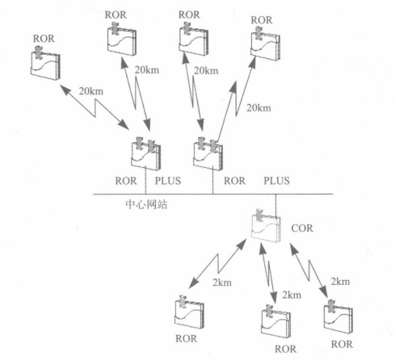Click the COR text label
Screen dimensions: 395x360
pos(302,228)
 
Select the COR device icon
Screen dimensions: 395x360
pos(266,225)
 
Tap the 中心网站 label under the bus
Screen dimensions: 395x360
pos(146,204)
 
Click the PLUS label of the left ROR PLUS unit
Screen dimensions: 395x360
pos(168,181)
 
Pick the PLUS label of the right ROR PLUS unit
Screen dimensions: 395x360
pos(276,181)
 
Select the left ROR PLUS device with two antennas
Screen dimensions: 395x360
pos(145,153)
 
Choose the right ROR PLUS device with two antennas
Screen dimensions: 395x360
pos(208,153)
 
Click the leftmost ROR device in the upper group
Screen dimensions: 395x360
pos(45,63)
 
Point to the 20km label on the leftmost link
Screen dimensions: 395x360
pos(91,91)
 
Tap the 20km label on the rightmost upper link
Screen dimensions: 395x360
pos(258,108)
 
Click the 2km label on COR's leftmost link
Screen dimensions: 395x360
pos(222,283)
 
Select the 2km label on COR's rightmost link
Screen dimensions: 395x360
pos(340,282)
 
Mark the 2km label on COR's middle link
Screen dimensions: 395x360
pos(292,295)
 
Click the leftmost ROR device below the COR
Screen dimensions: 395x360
pos(189,312)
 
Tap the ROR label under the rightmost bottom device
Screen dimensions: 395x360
pos(342,344)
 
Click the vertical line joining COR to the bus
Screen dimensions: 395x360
pos(275,206)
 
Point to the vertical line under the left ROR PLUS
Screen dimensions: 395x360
pos(145,180)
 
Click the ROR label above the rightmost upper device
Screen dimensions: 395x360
pos(262,20)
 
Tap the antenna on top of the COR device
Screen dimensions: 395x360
pos(259,215)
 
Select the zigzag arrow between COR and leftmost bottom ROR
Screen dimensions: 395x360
pos(217,264)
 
